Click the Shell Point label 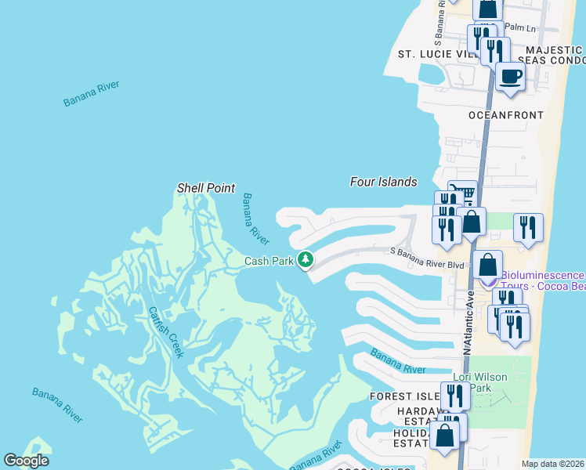pos(206,188)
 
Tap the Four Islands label pos(382,182)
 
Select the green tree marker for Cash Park pos(305,259)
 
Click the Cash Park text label pos(268,262)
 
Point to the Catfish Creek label pos(166,331)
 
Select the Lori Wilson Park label pos(480,382)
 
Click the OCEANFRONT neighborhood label pos(505,115)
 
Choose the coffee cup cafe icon pos(511,77)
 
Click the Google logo pos(26,461)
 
